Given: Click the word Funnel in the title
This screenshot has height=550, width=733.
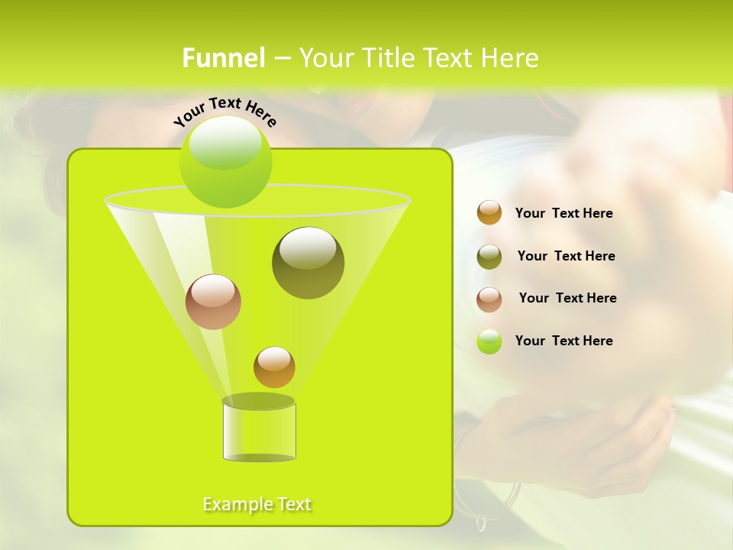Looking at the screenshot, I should (x=224, y=58).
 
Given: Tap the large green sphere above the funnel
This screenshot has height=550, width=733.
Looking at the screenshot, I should (x=225, y=161).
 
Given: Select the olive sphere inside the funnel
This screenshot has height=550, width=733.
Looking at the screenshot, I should (x=308, y=262).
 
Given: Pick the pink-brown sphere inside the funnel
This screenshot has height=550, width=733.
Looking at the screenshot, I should (x=213, y=302).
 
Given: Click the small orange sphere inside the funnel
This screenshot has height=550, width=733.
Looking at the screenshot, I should (x=274, y=367).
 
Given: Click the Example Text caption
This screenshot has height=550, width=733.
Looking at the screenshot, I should (x=257, y=504).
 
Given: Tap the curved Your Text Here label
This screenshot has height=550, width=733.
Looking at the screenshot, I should (x=225, y=112).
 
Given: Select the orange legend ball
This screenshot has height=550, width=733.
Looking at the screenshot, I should (x=489, y=212).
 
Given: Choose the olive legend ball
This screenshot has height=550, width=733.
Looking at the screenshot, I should (x=489, y=256).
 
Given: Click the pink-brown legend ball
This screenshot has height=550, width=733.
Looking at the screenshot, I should (x=489, y=299).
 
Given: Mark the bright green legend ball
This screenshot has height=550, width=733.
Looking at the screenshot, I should (x=489, y=341).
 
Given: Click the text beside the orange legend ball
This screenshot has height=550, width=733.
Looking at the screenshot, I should (x=563, y=213).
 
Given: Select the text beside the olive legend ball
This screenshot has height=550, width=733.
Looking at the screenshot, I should (x=566, y=256).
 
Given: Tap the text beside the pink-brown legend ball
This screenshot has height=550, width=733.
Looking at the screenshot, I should (x=567, y=298).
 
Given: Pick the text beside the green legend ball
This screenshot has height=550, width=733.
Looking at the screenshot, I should (x=563, y=341).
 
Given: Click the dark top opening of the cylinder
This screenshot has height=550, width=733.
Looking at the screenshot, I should (x=258, y=401).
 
